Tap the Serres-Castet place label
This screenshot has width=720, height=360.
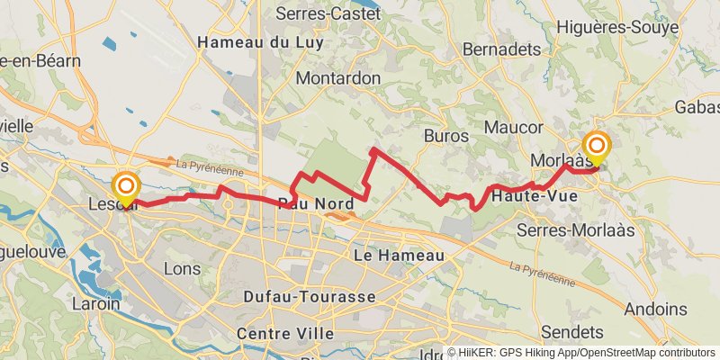328,13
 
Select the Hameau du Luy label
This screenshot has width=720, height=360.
255,42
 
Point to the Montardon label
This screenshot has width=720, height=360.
338,78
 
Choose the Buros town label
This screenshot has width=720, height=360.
445,136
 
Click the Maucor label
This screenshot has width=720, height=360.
513,127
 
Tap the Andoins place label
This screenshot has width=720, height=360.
655,309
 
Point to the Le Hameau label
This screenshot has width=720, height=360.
400,256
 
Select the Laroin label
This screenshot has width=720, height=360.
96,304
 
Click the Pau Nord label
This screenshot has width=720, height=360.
315,203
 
